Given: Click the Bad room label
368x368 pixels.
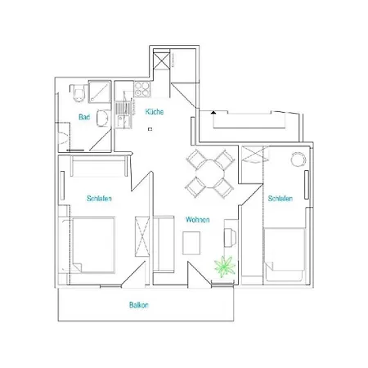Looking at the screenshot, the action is pos(84,117).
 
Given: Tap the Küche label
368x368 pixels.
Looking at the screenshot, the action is pos(155,111).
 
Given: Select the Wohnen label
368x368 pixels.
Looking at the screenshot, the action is pos(198,219).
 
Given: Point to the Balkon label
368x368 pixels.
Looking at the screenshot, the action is pos(139,305).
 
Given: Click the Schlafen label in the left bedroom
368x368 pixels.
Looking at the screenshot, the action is pos(99,198).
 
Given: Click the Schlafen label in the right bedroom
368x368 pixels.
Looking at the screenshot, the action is pos(280,198).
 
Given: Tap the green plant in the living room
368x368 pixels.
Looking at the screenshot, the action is pos(225,267).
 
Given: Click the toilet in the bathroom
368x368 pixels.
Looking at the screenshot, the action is pos(79,93).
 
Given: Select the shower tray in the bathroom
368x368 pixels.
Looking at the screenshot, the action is pos(100,92).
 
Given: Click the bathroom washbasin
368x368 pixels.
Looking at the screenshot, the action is pos(103,119).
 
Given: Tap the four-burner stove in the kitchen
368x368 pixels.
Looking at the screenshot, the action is pos(142,89).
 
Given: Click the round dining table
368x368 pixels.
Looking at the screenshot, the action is pos(210,173).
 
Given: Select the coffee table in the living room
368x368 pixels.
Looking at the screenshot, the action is pos(191,243).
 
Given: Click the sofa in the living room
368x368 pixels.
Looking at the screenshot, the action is pos(164,245).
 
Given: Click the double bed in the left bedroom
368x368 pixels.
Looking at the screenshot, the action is pos(92,245).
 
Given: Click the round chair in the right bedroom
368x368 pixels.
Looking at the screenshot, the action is pos(298,159).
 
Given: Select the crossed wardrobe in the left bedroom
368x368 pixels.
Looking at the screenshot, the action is pos(142,236).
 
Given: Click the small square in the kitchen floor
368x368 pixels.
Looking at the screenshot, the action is pos(150,129).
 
